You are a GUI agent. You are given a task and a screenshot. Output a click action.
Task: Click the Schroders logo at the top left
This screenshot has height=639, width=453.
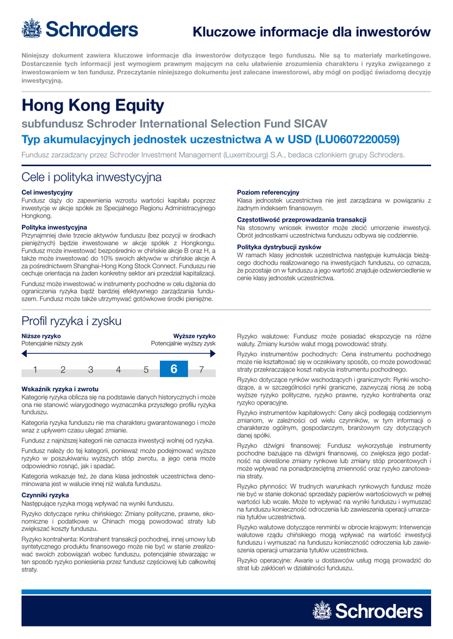(x=79, y=29)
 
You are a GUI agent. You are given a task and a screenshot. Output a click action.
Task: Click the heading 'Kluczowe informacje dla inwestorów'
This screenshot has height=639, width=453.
(x=311, y=32)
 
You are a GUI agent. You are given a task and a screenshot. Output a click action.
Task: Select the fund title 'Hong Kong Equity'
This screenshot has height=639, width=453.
(x=92, y=105)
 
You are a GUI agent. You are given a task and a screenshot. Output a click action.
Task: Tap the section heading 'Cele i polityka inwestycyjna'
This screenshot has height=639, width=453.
(x=91, y=177)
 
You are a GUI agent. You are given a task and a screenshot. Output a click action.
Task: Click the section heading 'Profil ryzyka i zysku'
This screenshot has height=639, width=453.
(x=71, y=321)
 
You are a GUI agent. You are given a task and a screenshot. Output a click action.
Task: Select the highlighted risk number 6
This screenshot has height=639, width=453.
(x=174, y=369)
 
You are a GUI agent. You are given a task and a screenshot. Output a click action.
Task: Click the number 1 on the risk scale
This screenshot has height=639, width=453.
(x=36, y=369)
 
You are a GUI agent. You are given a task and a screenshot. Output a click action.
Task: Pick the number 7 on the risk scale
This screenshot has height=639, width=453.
(x=201, y=369)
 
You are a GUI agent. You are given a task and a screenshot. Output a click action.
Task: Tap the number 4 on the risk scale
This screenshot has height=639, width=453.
(x=118, y=369)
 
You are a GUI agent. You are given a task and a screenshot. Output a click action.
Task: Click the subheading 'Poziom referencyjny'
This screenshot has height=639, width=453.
(x=268, y=192)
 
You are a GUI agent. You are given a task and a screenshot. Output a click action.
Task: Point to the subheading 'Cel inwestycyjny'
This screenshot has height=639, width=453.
(x=47, y=192)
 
